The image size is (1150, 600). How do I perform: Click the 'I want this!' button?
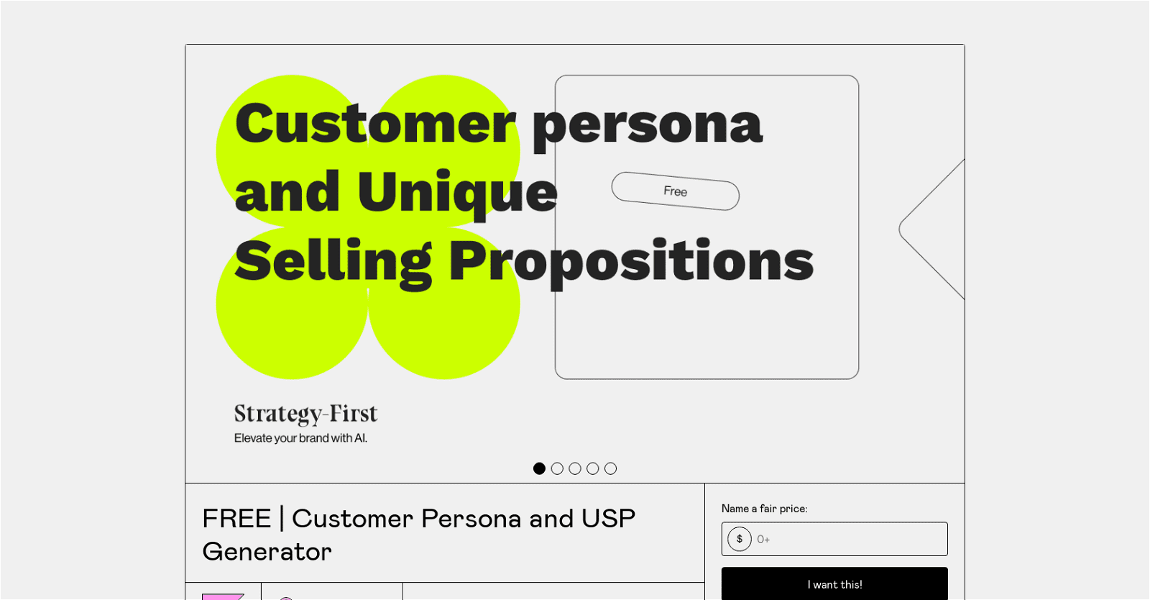[x=834, y=584]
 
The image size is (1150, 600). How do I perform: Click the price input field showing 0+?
[x=834, y=539]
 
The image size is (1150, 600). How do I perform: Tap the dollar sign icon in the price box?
[x=740, y=539]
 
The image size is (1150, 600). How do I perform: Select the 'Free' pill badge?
[x=675, y=191]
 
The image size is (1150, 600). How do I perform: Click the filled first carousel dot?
[x=539, y=468]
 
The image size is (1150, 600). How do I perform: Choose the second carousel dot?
[x=557, y=468]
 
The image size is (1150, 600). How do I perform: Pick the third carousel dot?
[x=575, y=468]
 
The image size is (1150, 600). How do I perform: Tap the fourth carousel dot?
[x=592, y=468]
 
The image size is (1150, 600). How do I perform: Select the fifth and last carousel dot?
[x=610, y=468]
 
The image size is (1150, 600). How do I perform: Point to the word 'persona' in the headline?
[x=648, y=129]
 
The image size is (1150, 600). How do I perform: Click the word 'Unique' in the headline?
[x=457, y=195]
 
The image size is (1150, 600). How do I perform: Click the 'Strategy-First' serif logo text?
[x=306, y=414]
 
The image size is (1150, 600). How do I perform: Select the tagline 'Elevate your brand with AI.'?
[x=301, y=438]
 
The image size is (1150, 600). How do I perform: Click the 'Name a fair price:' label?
[x=765, y=509]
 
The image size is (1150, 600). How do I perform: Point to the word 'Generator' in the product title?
[x=267, y=552]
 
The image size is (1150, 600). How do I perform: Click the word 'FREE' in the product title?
[x=236, y=518]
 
